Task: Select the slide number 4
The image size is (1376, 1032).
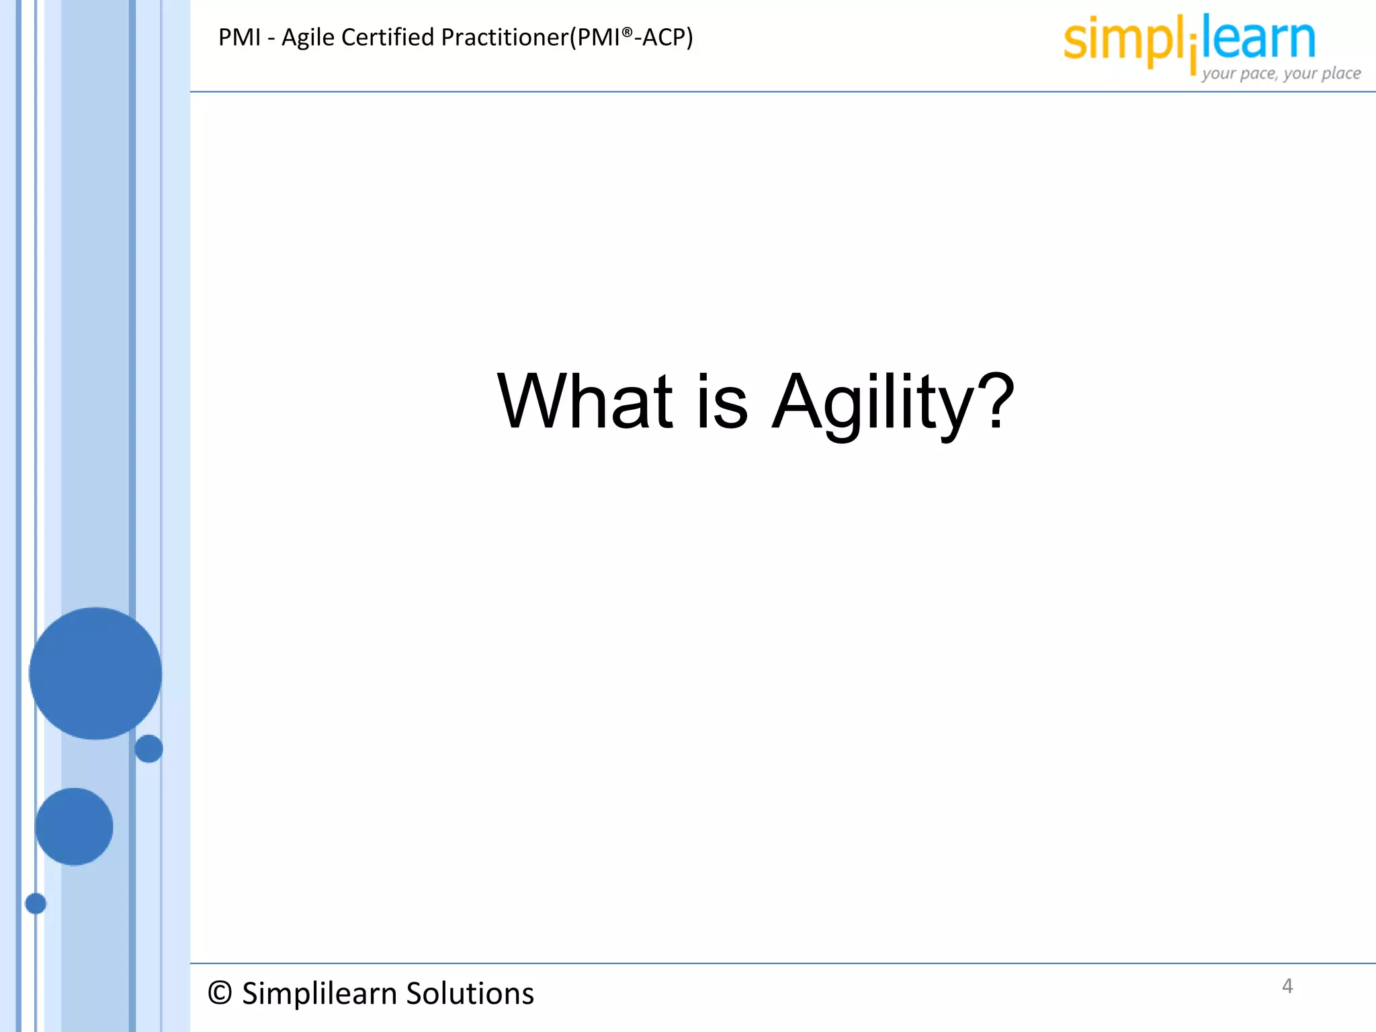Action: pos(1287,986)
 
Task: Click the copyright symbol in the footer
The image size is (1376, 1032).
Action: pos(220,993)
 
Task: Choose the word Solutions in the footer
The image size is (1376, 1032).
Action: pos(470,993)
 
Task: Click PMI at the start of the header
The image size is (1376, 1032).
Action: pos(239,38)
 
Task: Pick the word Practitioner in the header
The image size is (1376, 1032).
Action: pos(505,38)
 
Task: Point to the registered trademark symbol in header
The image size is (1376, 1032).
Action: pos(627,32)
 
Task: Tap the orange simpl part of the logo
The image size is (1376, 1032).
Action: pos(1122,40)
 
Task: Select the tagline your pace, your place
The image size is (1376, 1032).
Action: pos(1281,73)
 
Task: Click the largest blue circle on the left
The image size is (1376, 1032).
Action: pos(95,673)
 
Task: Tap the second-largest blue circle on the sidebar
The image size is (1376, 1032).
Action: pos(74,826)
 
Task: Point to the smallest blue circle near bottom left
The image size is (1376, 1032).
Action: pos(36,904)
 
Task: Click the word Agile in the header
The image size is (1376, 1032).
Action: pos(308,38)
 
